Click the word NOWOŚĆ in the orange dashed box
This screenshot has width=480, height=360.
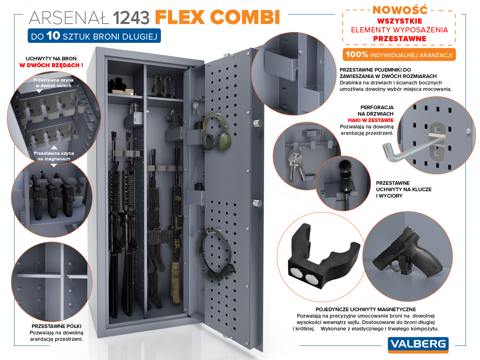pos(400,9)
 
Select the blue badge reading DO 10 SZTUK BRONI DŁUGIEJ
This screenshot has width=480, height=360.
pos(94,36)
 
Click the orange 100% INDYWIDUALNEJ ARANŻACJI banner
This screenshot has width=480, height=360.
pos(400,54)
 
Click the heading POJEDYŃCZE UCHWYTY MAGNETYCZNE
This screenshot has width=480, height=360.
pos(366,309)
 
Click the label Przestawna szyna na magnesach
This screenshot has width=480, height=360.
pos(54,156)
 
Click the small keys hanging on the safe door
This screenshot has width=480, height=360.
pos(195,106)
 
